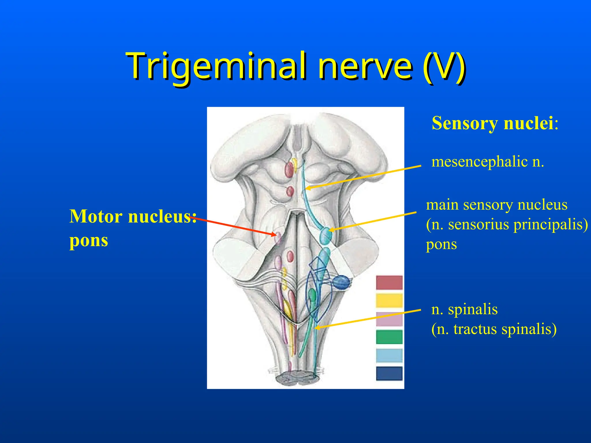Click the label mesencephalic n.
[487, 161]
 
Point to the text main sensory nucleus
[497, 205]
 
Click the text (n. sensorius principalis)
[507, 224]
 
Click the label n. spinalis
[464, 309]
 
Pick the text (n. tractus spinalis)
[494, 329]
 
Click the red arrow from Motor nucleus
[234, 226]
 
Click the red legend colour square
[389, 282]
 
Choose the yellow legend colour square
[389, 301]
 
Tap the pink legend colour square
[389, 319]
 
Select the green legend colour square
[389, 337]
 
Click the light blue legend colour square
[389, 355]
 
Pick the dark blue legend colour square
[389, 373]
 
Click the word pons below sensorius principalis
[441, 244]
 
